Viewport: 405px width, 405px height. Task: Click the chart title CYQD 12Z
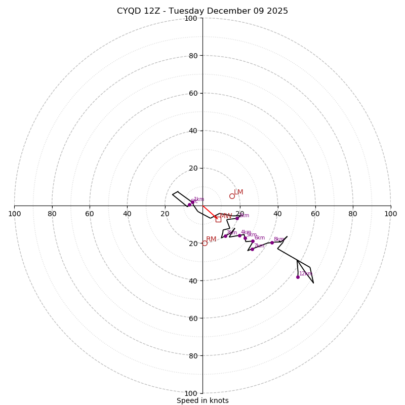[202, 11]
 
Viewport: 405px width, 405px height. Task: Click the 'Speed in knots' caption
[202, 400]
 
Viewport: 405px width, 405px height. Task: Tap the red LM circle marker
[232, 196]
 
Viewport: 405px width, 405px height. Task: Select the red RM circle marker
[205, 243]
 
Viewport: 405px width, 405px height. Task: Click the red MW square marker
[218, 219]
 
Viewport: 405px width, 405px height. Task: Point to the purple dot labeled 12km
[298, 277]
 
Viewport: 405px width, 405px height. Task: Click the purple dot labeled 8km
[272, 242]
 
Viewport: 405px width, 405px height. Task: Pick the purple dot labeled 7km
[252, 249]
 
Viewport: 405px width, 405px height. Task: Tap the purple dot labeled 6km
[253, 241]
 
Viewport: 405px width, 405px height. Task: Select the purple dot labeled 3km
[225, 236]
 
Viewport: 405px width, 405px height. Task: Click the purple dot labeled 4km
[239, 235]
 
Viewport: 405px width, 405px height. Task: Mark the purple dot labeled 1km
[192, 202]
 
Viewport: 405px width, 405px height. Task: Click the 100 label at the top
[191, 18]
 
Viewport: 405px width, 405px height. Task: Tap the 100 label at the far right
[391, 214]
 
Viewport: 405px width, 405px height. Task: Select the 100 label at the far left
[14, 214]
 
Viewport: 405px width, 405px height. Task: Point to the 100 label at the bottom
[191, 393]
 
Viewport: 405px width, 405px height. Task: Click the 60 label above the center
[193, 93]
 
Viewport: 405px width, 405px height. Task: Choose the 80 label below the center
[193, 355]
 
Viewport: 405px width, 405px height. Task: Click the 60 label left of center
[90, 214]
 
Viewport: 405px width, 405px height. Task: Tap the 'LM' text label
[238, 192]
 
